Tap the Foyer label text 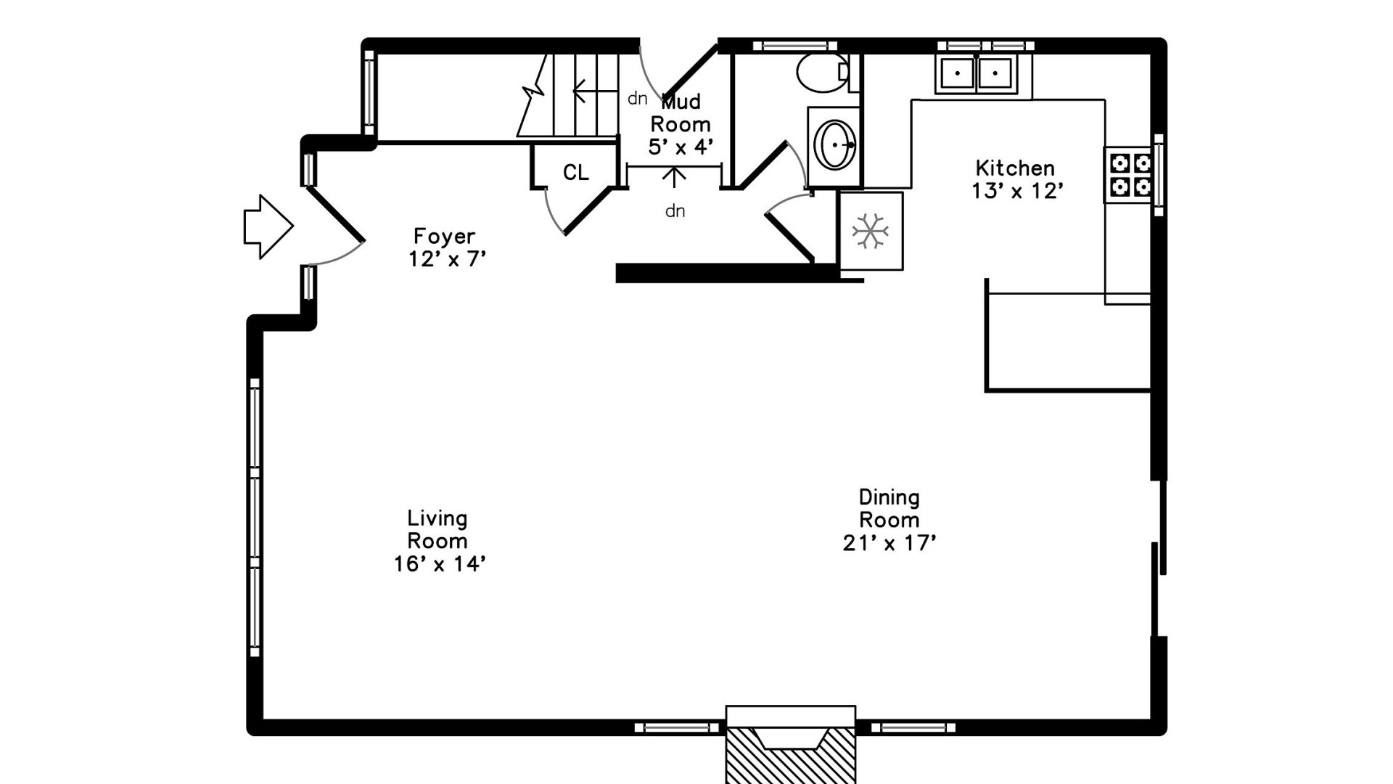[x=444, y=237]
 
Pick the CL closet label [x=576, y=173]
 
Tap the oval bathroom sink [x=835, y=144]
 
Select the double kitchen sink [x=977, y=73]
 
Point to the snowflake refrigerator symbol [x=870, y=232]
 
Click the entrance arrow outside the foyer [x=268, y=226]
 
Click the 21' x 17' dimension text [x=889, y=543]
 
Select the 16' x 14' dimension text [x=440, y=564]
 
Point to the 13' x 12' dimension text [x=1017, y=191]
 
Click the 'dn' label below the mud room [x=675, y=211]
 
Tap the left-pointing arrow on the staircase [x=595, y=91]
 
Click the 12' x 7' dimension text [x=447, y=259]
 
